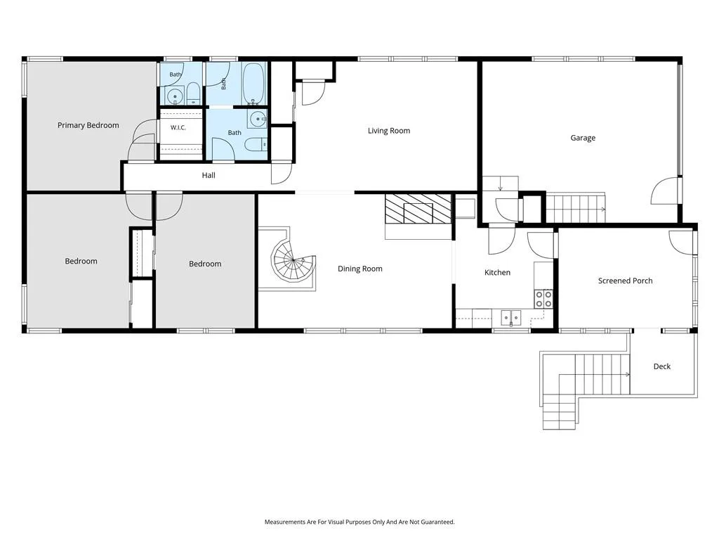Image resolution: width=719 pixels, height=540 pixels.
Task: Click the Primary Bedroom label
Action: (x=88, y=125)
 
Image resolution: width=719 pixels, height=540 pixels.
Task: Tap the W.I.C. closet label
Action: (x=178, y=128)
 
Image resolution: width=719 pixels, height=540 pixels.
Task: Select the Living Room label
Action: (x=389, y=131)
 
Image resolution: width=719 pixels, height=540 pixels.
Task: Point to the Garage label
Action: (x=583, y=138)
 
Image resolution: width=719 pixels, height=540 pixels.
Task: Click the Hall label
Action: (x=209, y=175)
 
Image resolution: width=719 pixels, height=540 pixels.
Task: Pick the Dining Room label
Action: (x=360, y=269)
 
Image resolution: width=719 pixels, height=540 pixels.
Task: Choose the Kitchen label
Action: (x=498, y=273)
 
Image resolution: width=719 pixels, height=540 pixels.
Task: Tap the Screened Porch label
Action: (x=625, y=281)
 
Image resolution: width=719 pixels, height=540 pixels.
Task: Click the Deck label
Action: (x=661, y=366)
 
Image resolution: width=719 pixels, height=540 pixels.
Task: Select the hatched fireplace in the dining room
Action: (x=418, y=209)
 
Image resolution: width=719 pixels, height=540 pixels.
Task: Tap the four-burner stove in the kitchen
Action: (x=544, y=299)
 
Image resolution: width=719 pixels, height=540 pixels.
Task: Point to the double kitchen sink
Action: (x=511, y=317)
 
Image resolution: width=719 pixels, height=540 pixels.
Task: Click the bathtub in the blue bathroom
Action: (x=253, y=83)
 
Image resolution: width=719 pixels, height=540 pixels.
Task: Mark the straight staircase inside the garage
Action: (x=576, y=207)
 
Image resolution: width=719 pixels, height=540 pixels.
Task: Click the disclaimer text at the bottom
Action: (x=359, y=522)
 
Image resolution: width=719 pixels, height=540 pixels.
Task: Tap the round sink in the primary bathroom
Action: (x=175, y=96)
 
